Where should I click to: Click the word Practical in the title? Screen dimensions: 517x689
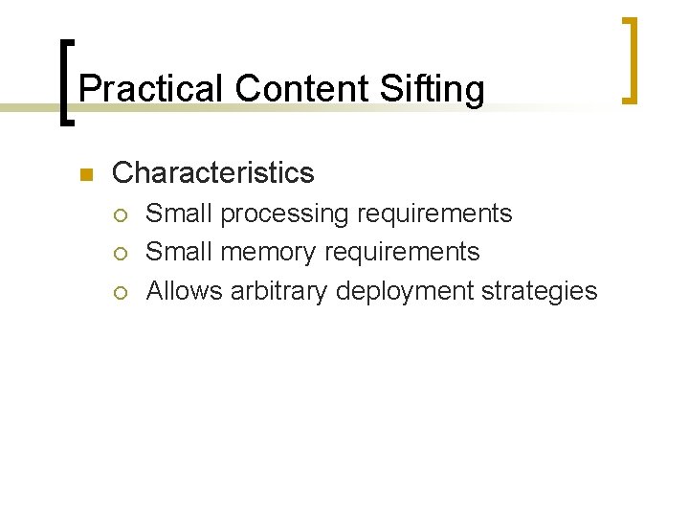point(152,89)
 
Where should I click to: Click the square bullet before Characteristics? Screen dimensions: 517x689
point(85,174)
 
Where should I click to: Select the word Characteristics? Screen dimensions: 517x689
point(212,173)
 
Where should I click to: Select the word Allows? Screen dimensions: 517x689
point(185,291)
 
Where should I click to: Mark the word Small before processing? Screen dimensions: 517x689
point(179,214)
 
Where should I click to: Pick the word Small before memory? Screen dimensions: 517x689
point(179,252)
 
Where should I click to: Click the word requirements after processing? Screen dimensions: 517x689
point(434,214)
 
